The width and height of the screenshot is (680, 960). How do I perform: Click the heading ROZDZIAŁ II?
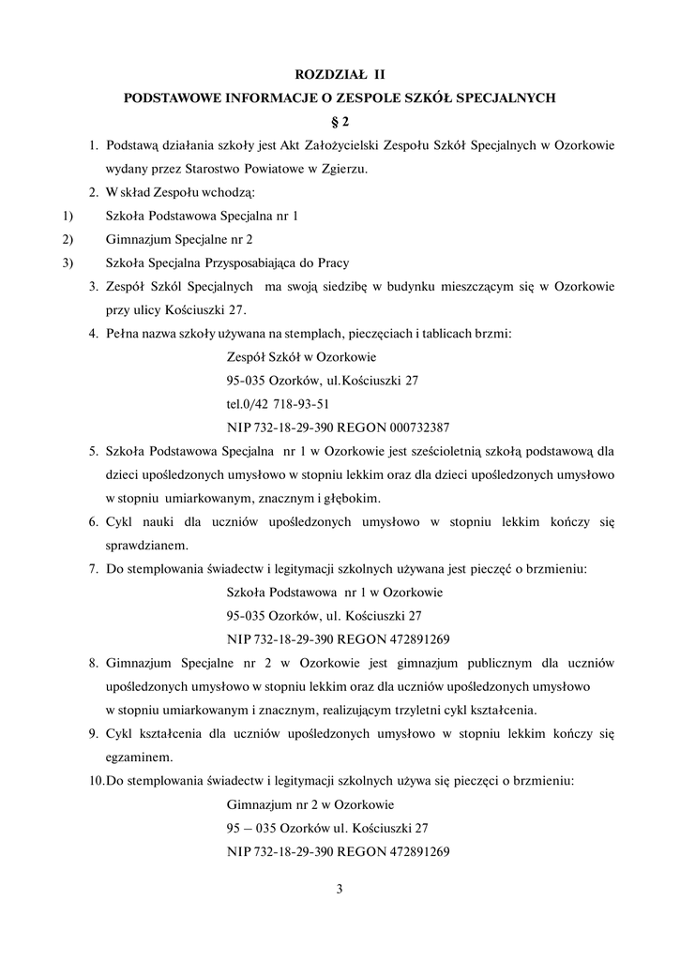(340, 72)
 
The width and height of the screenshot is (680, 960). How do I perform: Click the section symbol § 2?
(340, 121)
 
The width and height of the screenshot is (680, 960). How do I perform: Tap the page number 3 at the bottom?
(340, 889)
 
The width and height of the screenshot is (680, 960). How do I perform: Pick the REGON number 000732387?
(413, 427)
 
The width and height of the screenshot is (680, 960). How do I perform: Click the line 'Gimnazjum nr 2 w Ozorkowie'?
(310, 804)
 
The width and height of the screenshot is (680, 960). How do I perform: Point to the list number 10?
(96, 780)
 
